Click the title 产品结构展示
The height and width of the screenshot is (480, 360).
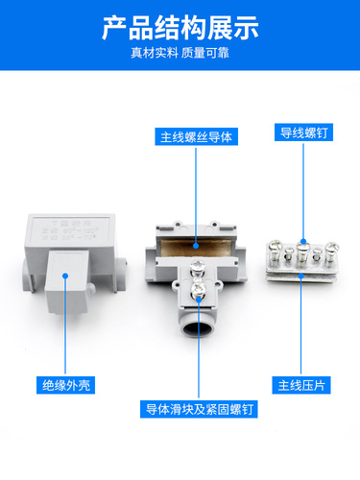(x=180, y=27)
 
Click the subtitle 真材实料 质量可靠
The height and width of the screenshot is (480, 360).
(x=180, y=53)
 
